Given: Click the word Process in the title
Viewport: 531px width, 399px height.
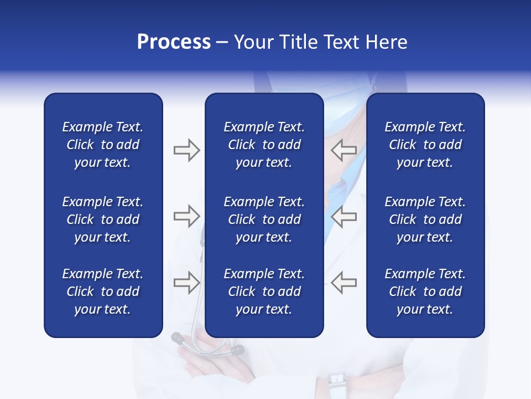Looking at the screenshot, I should tap(174, 42).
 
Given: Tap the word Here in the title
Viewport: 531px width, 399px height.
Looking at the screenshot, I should tap(386, 42).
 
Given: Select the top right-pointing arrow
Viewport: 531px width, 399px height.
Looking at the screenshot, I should tap(186, 150).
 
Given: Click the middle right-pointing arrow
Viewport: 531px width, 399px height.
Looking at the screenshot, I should tap(186, 216).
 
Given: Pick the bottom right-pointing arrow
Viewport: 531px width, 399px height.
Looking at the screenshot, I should tap(186, 283).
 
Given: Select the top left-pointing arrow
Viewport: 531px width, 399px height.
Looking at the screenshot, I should tap(344, 150).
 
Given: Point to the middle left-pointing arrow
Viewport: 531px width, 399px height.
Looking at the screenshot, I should tap(344, 216).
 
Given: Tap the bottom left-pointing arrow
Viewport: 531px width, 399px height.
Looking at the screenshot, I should tap(344, 283).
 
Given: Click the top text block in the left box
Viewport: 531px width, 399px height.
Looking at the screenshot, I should tap(103, 145).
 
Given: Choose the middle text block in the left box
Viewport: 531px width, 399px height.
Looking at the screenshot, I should tap(103, 219).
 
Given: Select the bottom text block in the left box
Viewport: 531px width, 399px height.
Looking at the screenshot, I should tap(103, 291).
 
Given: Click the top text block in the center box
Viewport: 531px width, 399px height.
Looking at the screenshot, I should tap(264, 145).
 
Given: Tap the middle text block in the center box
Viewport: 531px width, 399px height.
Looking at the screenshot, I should tap(264, 219).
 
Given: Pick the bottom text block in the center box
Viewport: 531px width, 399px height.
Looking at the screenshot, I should tap(264, 291).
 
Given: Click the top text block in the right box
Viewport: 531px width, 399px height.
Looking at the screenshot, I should tap(425, 145).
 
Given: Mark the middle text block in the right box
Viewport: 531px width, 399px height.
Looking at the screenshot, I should tap(425, 219).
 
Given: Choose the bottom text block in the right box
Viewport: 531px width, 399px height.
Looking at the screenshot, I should tap(425, 291).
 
